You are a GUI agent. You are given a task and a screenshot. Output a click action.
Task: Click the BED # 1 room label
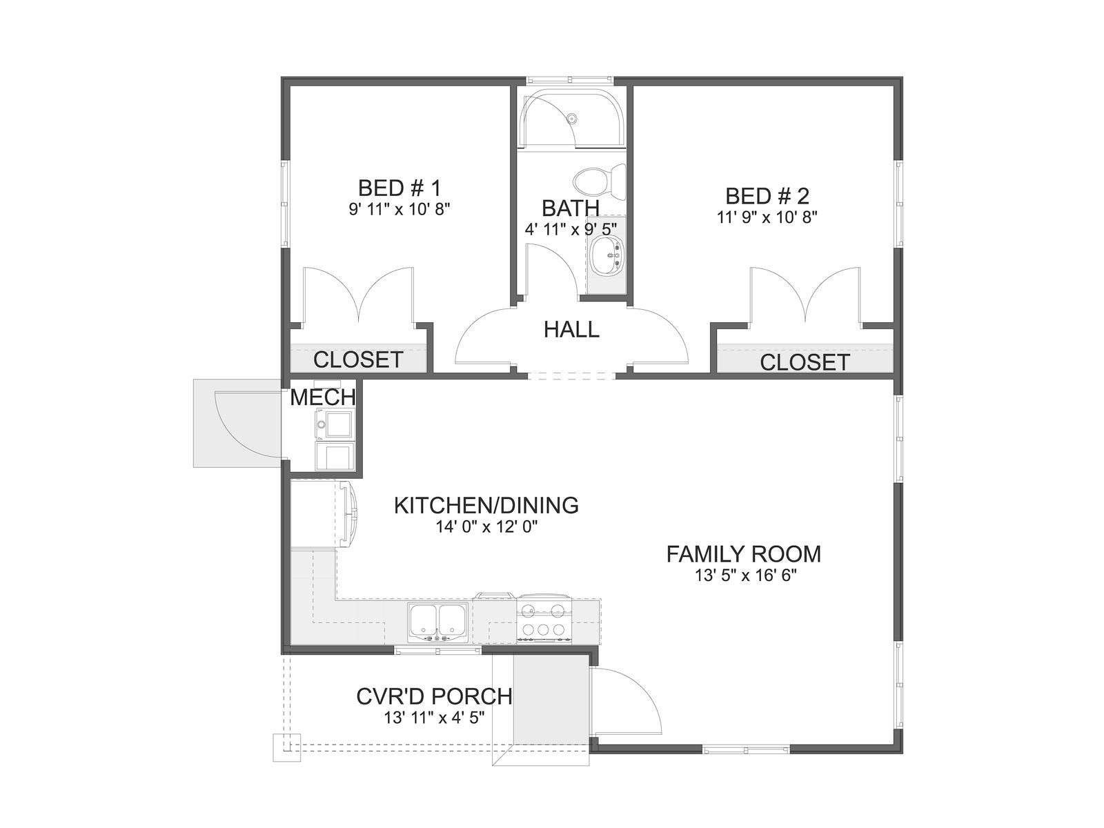point(399,188)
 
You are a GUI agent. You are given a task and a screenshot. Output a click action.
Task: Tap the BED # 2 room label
point(767,196)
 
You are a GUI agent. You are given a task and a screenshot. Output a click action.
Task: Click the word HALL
point(571,330)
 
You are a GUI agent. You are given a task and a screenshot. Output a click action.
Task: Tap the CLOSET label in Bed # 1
point(358,360)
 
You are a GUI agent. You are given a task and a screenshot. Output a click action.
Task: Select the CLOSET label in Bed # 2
point(805,362)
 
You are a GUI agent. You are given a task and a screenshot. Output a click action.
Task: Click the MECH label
point(323,397)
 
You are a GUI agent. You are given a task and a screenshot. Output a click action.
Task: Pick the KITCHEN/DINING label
point(486,506)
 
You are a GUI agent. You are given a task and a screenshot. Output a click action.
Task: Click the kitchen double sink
point(438,622)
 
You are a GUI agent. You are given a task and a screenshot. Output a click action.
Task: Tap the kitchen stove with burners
point(544,619)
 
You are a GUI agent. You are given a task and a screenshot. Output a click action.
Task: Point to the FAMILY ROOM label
point(743,554)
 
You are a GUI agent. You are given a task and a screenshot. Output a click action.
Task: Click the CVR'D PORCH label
point(434,697)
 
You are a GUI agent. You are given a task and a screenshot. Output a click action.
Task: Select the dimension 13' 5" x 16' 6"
point(746,575)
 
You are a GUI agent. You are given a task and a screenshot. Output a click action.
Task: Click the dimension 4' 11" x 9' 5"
point(571,230)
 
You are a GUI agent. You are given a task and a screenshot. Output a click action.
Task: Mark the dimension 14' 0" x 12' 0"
point(486,527)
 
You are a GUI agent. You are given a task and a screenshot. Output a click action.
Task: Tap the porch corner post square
point(286,748)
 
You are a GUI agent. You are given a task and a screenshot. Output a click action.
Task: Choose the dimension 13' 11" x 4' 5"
point(434,718)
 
